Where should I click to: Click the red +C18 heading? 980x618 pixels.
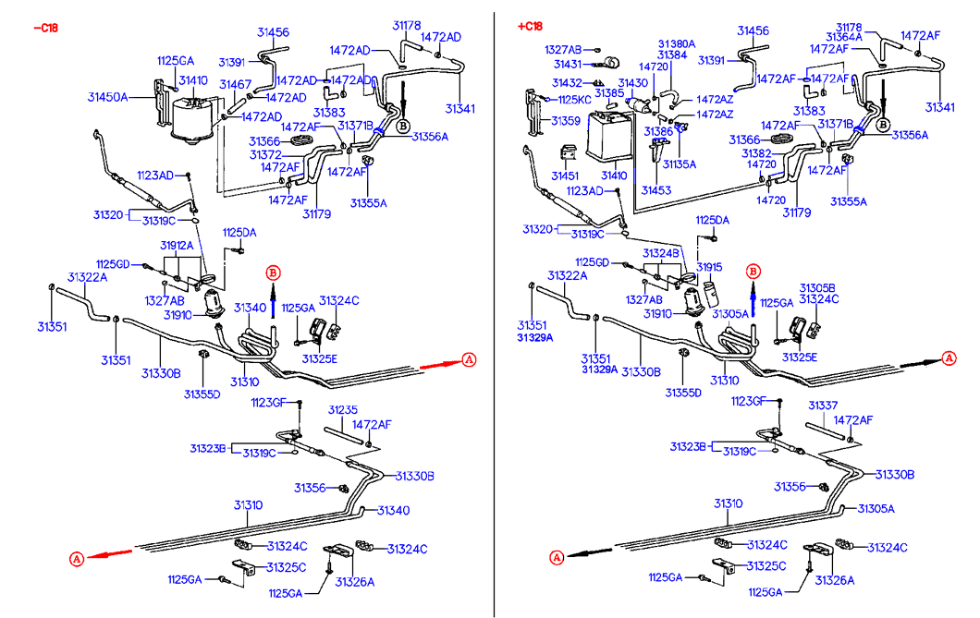531,26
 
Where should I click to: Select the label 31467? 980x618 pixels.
236,85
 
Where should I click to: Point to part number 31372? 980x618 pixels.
265,154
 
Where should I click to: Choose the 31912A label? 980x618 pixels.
177,246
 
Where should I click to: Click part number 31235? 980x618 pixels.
342,409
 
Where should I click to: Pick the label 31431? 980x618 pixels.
568,65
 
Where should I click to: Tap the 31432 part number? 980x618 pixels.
568,83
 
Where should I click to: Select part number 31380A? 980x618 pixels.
677,43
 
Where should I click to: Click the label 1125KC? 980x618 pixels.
574,99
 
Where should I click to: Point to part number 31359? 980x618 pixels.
566,120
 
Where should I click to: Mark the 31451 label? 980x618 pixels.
566,176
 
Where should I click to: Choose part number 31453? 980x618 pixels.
656,190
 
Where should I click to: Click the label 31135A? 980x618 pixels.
680,164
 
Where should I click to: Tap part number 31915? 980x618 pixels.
709,266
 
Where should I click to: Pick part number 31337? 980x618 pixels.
823,406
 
